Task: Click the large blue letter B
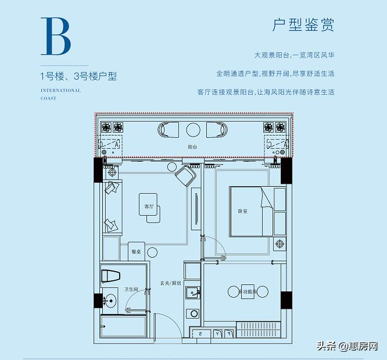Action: pos(56,37)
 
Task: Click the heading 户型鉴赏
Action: pos(303,26)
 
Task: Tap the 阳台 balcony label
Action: pos(192,148)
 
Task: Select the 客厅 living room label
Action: pos(149,206)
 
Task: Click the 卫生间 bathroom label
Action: pos(131,289)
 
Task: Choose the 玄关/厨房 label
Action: pos(171,283)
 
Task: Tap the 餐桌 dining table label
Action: pos(135,253)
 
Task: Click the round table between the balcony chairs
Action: pos(192,129)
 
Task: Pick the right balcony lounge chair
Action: pos(217,129)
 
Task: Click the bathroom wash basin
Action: pos(110,301)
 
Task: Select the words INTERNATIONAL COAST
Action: pos(61,94)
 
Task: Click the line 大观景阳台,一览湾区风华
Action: pos(294,55)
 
